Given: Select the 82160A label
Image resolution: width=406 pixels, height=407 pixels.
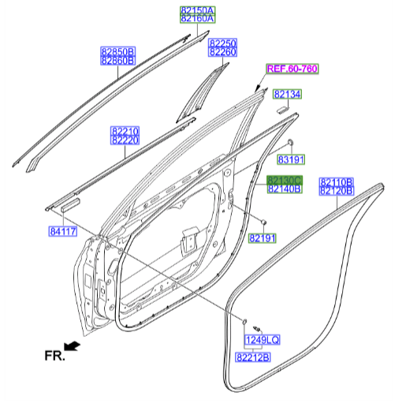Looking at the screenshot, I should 194,17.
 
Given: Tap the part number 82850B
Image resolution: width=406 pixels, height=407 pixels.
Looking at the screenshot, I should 117,51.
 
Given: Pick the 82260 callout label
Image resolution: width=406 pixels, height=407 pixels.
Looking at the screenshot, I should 222,52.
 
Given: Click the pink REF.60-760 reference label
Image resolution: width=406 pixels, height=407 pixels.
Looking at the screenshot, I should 292,69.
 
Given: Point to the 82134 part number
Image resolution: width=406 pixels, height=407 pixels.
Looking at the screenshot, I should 287,95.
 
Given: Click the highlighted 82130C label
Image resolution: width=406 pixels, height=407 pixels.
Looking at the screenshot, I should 284,181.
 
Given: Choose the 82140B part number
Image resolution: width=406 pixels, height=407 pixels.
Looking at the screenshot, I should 284,189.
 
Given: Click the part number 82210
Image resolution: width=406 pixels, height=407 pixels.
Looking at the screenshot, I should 125,131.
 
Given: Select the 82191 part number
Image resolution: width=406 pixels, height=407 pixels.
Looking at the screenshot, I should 263,237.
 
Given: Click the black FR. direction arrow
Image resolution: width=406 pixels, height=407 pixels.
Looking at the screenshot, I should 73,345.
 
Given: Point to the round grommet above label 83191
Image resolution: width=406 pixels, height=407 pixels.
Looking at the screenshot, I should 289,142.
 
